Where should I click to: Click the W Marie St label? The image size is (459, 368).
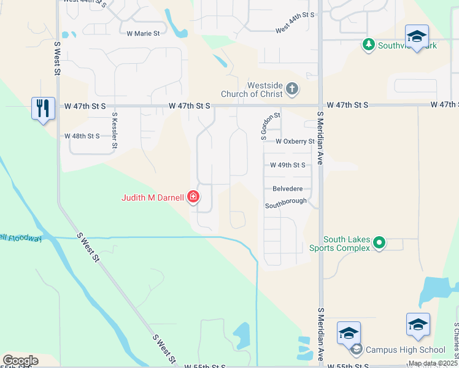[x=142, y=34]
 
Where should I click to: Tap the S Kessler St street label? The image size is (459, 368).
[x=114, y=130]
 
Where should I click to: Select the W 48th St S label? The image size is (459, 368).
[x=82, y=136]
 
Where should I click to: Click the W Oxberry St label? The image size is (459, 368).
[x=295, y=142]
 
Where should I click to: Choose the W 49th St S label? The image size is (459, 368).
[x=287, y=166]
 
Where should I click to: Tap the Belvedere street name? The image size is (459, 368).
[x=287, y=190]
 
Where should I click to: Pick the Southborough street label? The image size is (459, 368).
[x=286, y=202]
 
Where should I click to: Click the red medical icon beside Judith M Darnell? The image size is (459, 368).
[x=193, y=197]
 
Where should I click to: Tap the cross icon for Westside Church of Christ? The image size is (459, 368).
[x=292, y=90]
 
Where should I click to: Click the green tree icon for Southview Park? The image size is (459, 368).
[x=368, y=45]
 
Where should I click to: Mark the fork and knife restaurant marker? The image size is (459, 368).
[x=43, y=108]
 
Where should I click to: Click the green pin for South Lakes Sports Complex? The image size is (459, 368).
[x=379, y=243]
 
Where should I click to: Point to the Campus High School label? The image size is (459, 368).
[x=406, y=350]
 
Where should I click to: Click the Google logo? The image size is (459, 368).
[x=20, y=361]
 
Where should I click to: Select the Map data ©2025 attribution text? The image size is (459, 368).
[x=433, y=363]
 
